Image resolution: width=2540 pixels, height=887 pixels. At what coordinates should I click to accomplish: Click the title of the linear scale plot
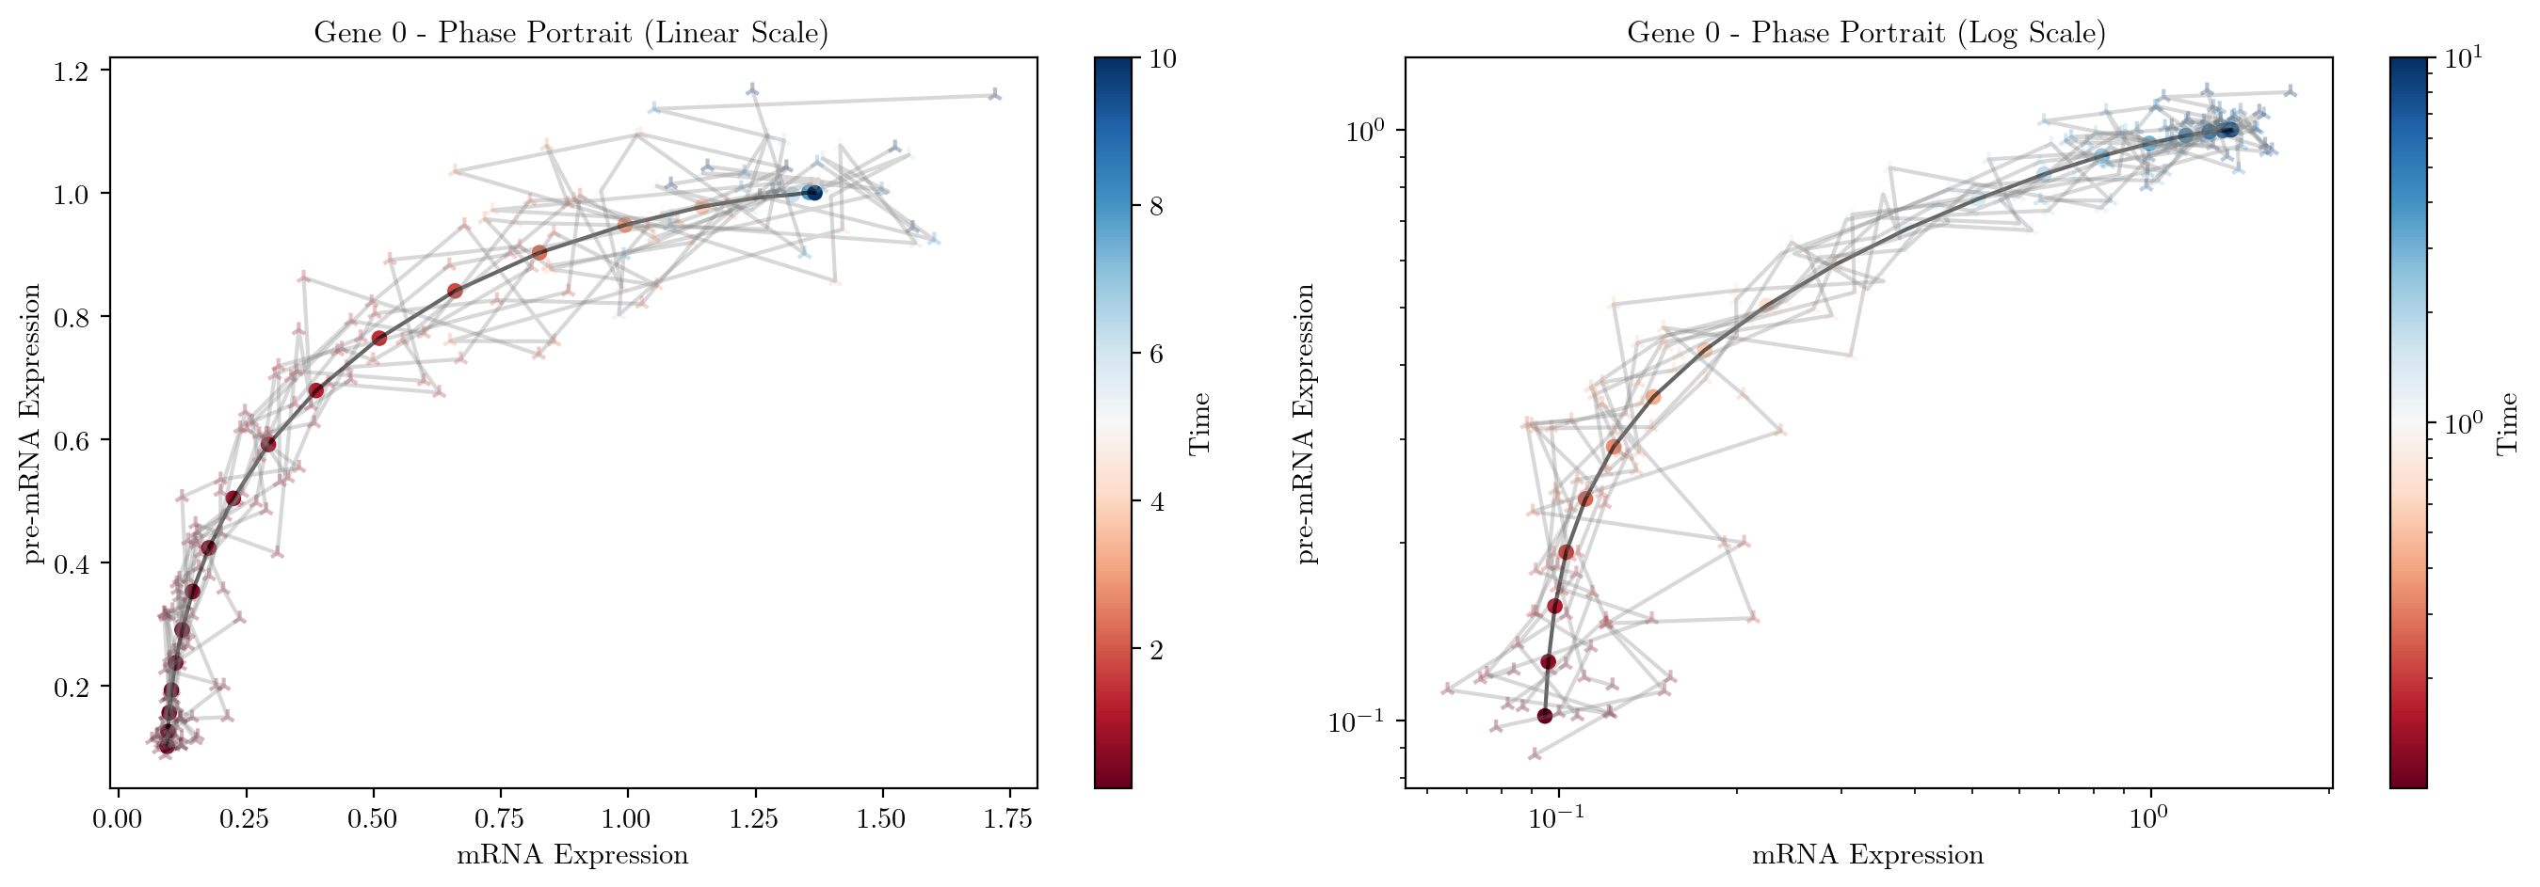click(x=571, y=33)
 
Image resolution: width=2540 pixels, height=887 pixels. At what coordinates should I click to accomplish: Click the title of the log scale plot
click(x=1866, y=33)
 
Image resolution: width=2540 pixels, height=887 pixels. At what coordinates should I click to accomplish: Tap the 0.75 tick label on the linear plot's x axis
click(x=500, y=818)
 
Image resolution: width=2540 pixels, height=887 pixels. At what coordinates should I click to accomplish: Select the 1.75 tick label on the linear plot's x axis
click(x=1008, y=818)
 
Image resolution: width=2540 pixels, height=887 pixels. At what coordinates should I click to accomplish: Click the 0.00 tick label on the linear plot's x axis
click(x=119, y=818)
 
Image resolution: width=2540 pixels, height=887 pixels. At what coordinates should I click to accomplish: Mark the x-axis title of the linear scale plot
click(x=571, y=854)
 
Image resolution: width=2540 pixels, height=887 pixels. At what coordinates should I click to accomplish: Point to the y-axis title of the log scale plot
click(x=1307, y=424)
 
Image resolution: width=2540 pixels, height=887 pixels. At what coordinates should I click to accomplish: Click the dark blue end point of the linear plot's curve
click(x=814, y=193)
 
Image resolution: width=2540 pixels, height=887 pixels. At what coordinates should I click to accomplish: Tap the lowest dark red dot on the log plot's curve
click(x=1544, y=716)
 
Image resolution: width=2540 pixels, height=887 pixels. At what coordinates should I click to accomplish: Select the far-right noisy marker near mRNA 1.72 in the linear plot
click(x=995, y=95)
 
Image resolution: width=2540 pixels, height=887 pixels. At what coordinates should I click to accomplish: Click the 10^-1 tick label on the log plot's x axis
click(x=1557, y=820)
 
